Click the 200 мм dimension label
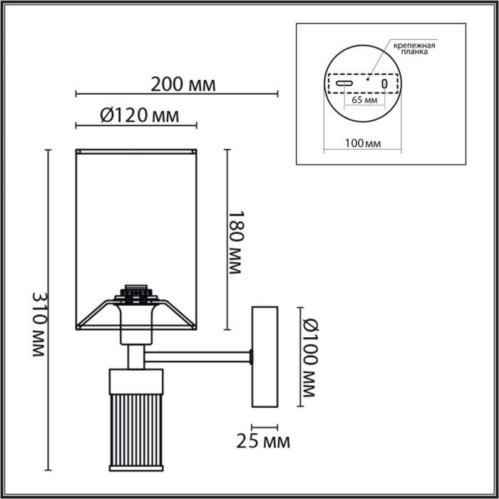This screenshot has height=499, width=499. [x=182, y=85]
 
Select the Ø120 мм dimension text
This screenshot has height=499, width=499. [x=140, y=115]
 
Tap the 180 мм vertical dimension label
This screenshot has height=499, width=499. [x=235, y=242]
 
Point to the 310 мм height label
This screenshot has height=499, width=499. [x=39, y=324]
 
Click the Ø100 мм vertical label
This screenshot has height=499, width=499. [x=310, y=357]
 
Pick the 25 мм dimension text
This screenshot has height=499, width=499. [x=263, y=442]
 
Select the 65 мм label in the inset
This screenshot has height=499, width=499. [x=365, y=100]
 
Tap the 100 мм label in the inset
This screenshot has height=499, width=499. [x=362, y=143]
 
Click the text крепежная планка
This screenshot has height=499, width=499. [x=414, y=48]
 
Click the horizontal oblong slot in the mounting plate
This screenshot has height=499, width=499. [x=344, y=83]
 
